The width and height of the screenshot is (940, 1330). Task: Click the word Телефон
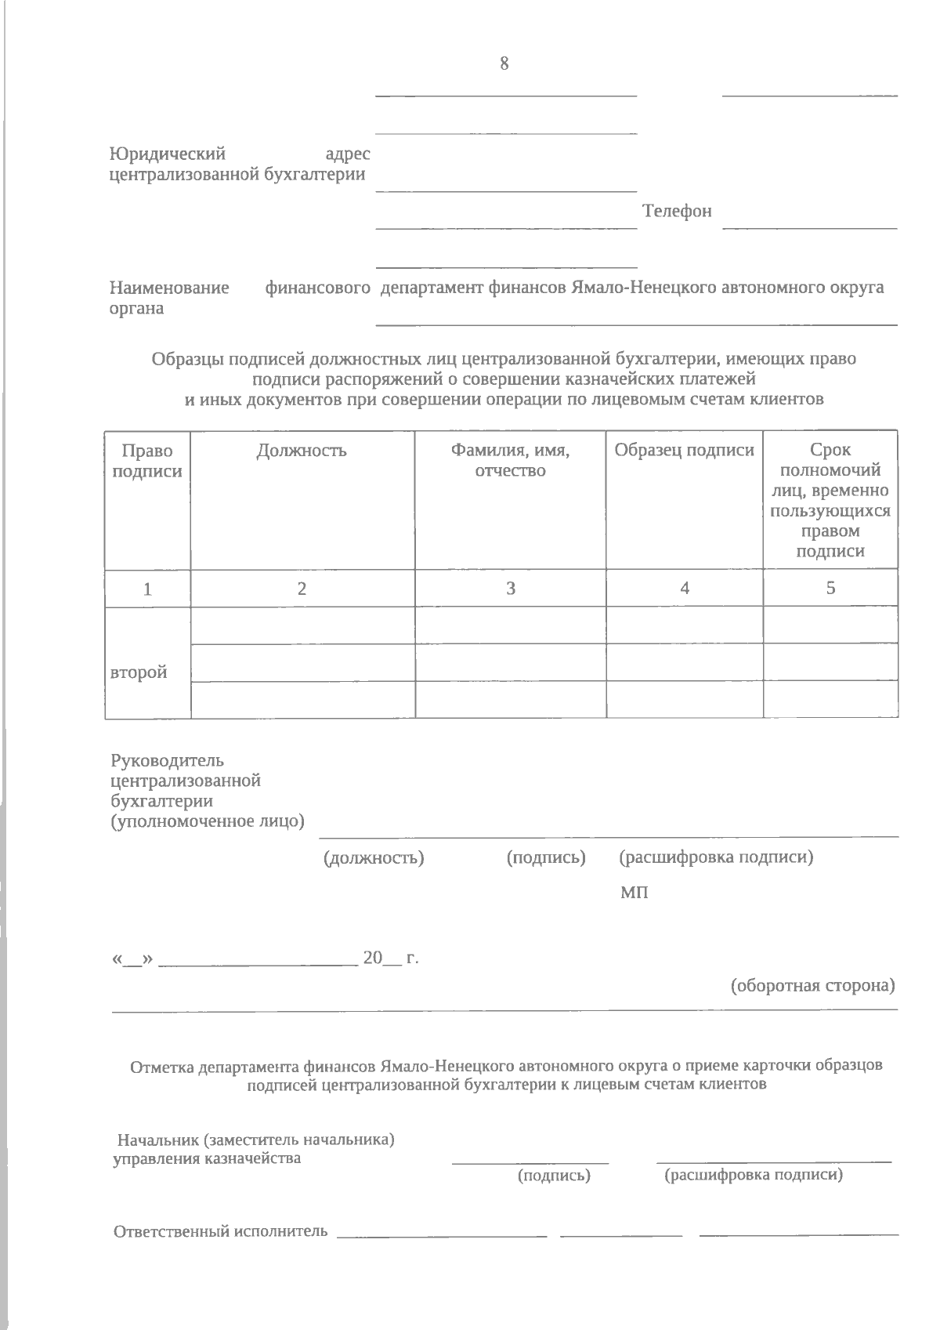[x=677, y=211]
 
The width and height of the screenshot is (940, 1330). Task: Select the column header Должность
[x=302, y=451]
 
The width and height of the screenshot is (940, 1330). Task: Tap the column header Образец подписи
[x=684, y=450]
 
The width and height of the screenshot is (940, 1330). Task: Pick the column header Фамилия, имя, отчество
[x=510, y=460]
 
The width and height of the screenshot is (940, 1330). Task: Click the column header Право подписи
[x=147, y=461]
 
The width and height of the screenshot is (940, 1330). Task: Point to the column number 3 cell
[x=510, y=589]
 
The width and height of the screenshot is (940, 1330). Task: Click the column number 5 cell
[x=830, y=588]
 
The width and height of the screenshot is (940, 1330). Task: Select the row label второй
[x=139, y=672]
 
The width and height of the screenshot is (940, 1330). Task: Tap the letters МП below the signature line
[x=634, y=893]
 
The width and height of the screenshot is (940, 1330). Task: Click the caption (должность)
[x=374, y=857]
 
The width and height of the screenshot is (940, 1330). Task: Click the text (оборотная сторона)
[x=812, y=985]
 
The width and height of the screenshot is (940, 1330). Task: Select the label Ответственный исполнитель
[x=221, y=1231]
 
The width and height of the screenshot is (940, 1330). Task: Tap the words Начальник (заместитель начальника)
[x=255, y=1140]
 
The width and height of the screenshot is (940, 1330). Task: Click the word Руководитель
[x=168, y=760]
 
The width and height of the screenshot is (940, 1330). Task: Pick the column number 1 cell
[x=147, y=589]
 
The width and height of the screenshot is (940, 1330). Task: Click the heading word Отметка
[x=162, y=1067]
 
